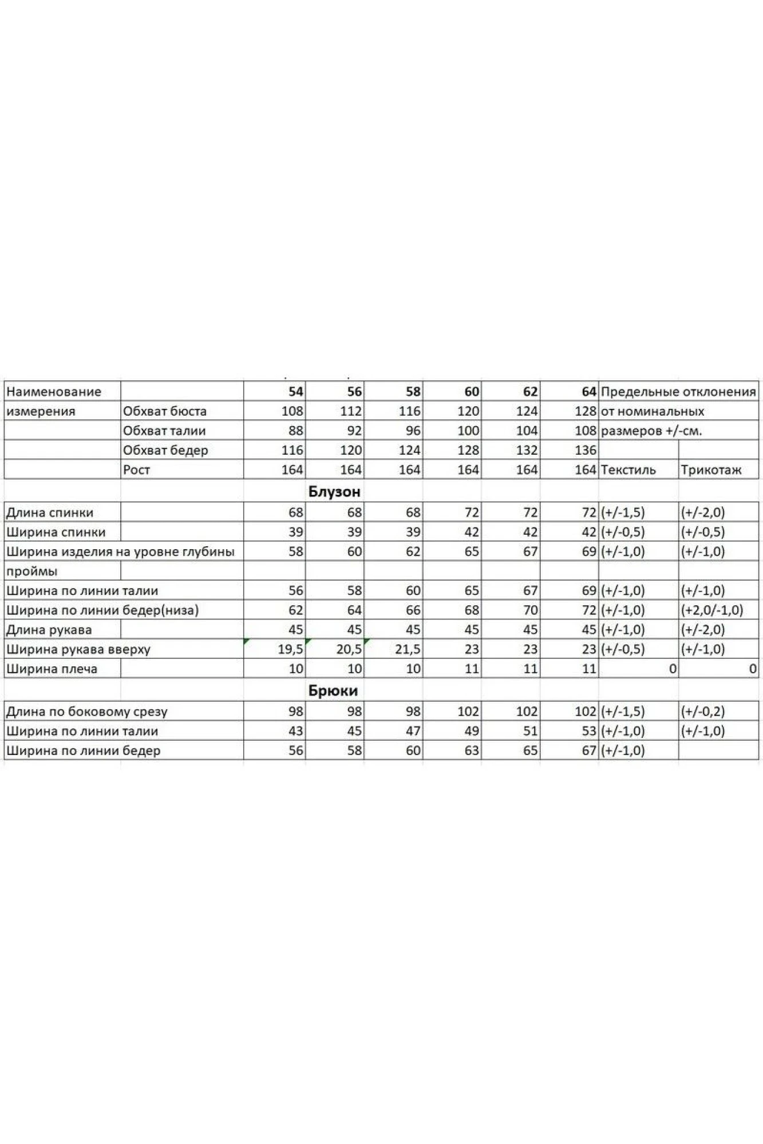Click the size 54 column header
tap(295, 392)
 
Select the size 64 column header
tap(588, 392)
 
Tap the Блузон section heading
tap(334, 491)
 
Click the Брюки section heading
tap(333, 690)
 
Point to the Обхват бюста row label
tap(164, 411)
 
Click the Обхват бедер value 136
tap(585, 450)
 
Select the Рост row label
tap(136, 470)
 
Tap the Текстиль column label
tap(628, 470)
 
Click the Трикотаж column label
tap(711, 470)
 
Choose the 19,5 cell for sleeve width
tap(290, 649)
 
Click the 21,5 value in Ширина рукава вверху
tap(408, 649)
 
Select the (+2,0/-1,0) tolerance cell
tap(711, 610)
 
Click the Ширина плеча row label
tap(52, 669)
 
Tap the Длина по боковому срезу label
tap(86, 712)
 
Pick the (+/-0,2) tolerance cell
tap(702, 712)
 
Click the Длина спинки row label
tap(49, 513)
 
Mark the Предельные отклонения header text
tap(678, 392)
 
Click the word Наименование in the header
tap(53, 392)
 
